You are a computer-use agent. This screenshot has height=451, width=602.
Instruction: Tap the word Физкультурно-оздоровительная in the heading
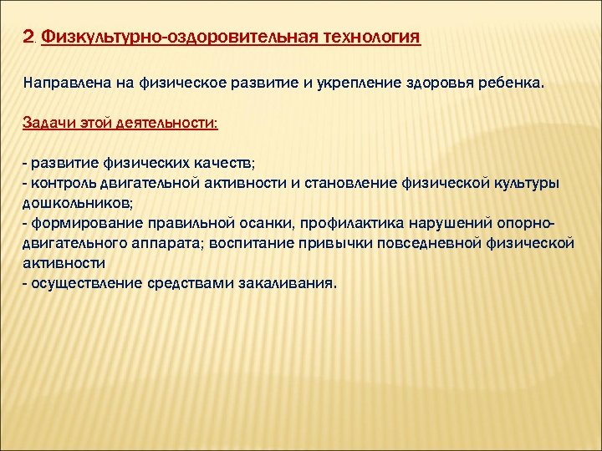point(176,38)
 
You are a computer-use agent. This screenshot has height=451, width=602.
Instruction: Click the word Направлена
point(59,84)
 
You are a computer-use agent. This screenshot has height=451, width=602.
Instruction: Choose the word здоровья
point(417,84)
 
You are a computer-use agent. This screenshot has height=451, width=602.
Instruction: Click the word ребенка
point(501,84)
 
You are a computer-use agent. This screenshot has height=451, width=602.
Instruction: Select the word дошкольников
point(76,202)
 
